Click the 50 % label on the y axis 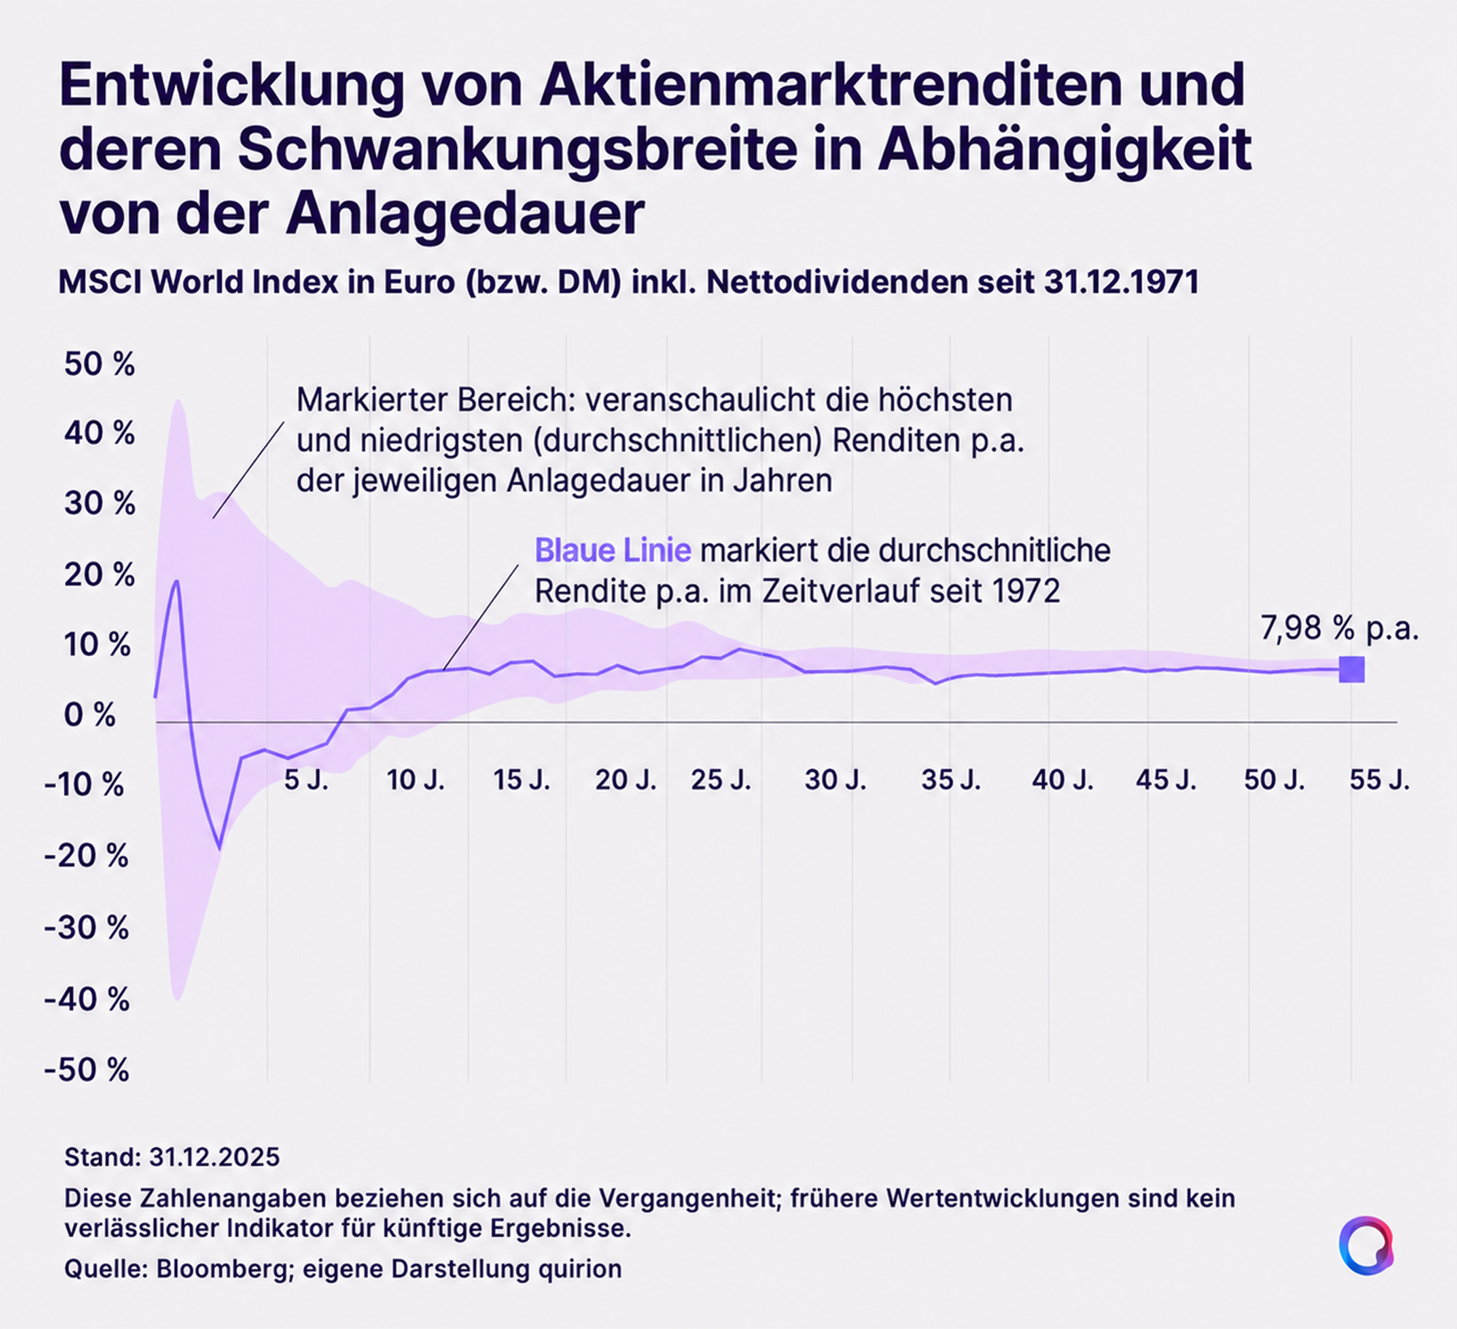99,364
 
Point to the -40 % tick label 87,999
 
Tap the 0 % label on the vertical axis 90,716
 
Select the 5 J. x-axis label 306,780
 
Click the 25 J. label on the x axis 720,780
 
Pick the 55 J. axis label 1380,780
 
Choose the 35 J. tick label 951,780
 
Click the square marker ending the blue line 1351,669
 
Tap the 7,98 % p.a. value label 1340,628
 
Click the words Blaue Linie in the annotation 613,551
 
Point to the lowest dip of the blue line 219,848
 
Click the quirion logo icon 1366,1245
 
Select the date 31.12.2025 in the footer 214,1157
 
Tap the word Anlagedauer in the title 465,213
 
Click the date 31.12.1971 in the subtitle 1121,283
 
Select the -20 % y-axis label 86,856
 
